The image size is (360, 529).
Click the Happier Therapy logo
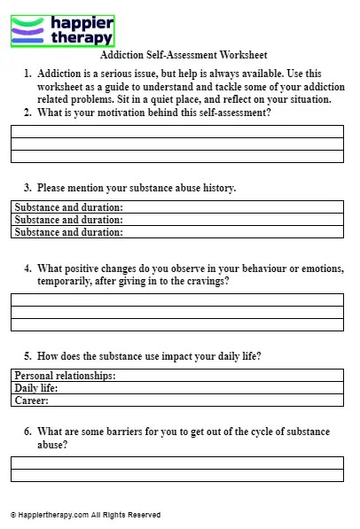62,30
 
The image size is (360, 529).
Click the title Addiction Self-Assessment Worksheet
184,55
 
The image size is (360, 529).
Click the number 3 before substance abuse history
27,188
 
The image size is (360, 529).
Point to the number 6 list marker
27,432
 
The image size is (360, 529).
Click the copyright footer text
85,515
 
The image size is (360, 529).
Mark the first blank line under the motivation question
177,131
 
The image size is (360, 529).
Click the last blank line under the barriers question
177,475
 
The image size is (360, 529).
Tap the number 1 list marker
27,74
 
